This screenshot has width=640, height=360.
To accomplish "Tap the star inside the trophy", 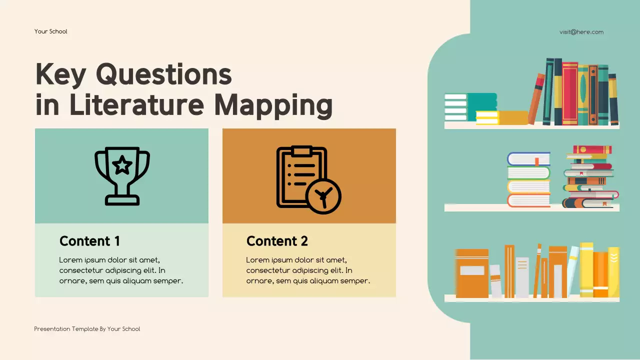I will point(122,164).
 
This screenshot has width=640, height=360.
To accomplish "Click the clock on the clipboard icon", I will point(323,196).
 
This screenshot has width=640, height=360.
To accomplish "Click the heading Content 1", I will point(89,241).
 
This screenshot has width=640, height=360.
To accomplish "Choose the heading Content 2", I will point(277,241).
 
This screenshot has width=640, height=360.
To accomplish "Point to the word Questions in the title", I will point(163,74).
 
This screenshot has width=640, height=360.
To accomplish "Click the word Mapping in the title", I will point(273,105).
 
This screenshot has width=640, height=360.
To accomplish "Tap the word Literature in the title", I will point(136,105).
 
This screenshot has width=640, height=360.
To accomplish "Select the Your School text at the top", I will point(50,31).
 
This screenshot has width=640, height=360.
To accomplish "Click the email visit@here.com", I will point(581,32).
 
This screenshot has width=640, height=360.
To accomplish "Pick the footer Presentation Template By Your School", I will point(87,329).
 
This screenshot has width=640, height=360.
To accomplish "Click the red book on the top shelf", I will point(570,93).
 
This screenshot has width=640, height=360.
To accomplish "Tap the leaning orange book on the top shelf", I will point(536,98).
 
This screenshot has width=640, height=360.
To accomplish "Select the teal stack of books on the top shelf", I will point(470,106).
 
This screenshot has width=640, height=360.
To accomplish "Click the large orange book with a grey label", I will point(471,273).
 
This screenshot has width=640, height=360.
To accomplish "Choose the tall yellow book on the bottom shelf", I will point(586,269).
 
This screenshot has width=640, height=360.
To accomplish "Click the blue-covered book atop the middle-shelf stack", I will point(529,159).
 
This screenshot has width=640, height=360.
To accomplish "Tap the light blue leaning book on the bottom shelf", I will point(572,270).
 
